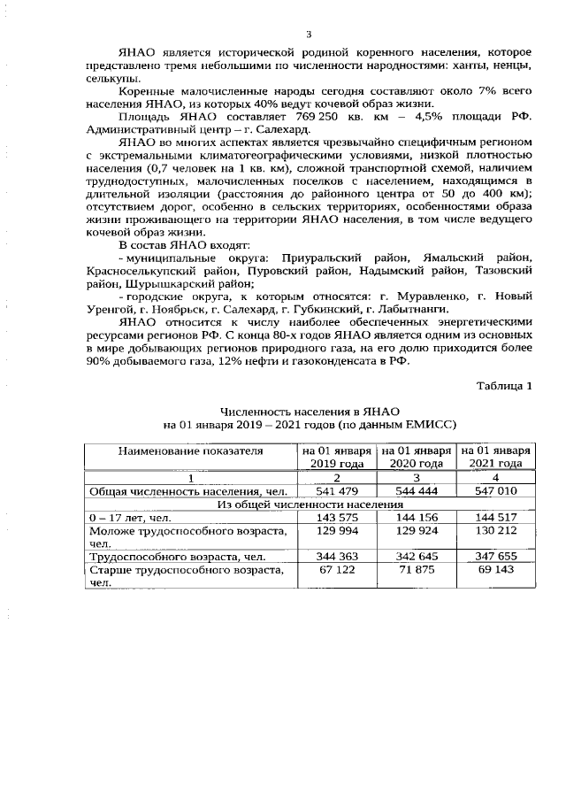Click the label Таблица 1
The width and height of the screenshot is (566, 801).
[504, 386]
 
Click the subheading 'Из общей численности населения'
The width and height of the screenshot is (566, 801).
[308, 503]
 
